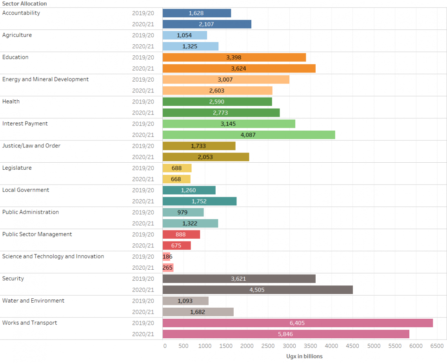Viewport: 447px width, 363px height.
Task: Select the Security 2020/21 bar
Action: point(257,290)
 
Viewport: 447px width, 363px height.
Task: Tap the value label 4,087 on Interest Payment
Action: point(249,135)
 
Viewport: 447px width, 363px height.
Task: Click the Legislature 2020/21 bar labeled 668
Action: point(176,179)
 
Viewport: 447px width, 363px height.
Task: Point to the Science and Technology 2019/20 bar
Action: point(166,257)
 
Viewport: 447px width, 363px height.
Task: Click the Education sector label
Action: point(15,57)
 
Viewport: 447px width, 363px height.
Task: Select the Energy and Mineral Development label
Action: point(45,79)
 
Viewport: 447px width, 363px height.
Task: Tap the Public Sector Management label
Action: point(37,234)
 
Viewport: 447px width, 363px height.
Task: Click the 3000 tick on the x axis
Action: point(289,346)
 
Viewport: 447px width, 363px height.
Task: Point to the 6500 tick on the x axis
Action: point(437,346)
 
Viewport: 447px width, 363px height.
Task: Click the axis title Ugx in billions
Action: point(305,356)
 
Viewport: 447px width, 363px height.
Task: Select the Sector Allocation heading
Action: point(24,4)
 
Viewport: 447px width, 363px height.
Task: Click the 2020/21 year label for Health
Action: point(143,113)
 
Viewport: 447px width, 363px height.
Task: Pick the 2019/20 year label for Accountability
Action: point(143,13)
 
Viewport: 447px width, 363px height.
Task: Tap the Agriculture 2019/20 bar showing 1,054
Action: point(184,35)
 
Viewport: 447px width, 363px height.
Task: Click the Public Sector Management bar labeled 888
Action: point(181,234)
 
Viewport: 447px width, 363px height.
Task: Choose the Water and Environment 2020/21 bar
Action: point(198,312)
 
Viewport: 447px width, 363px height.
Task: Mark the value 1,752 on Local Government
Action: point(199,201)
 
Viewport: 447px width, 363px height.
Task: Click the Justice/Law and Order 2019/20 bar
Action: point(198,146)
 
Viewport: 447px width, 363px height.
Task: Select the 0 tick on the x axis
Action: point(165,346)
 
